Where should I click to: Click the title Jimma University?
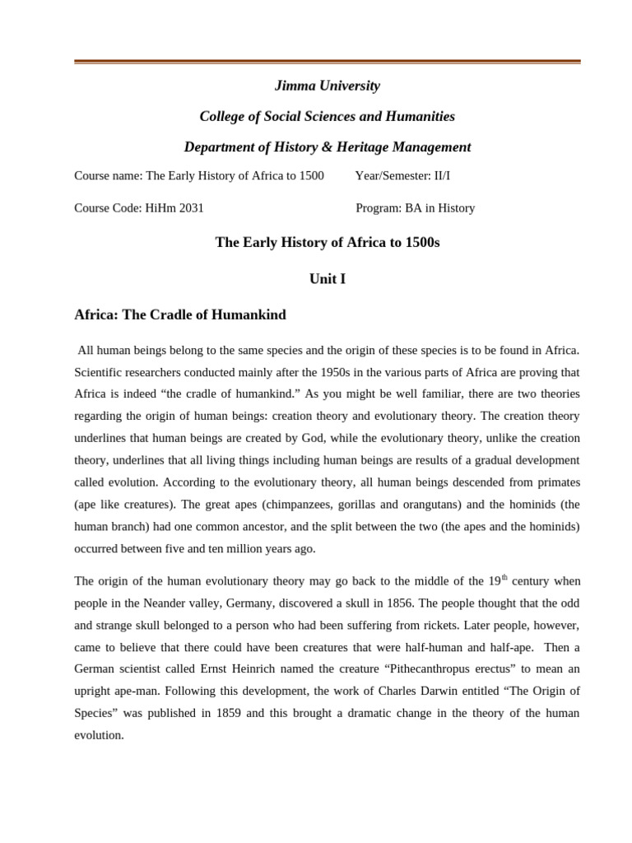point(327,86)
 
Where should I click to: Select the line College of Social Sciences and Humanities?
point(327,116)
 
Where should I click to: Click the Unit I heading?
point(327,279)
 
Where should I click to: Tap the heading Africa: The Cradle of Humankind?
point(180,314)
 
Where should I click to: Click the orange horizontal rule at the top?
point(327,62)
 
